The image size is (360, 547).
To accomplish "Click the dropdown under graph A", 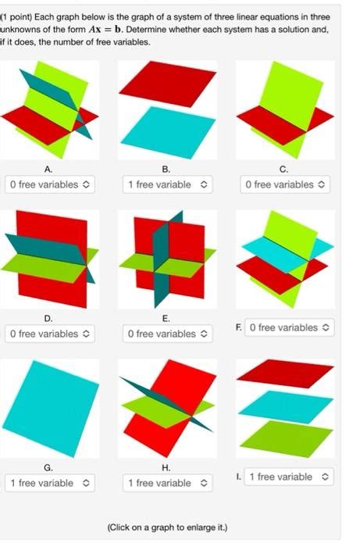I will tap(48, 185).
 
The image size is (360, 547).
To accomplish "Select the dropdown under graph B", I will tap(166, 185).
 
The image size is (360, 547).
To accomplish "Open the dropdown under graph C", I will tap(284, 185).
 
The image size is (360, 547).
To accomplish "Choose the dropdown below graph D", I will tap(48, 334).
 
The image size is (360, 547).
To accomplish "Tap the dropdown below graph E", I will tap(166, 334).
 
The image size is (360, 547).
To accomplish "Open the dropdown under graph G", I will tap(48, 483).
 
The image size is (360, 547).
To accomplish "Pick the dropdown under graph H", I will tap(166, 483).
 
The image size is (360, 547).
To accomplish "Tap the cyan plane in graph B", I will tap(166, 131).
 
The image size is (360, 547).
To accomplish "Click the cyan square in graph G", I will tap(48, 406).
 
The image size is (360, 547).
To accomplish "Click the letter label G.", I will tap(48, 467).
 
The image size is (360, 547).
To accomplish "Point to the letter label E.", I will tap(166, 318).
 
